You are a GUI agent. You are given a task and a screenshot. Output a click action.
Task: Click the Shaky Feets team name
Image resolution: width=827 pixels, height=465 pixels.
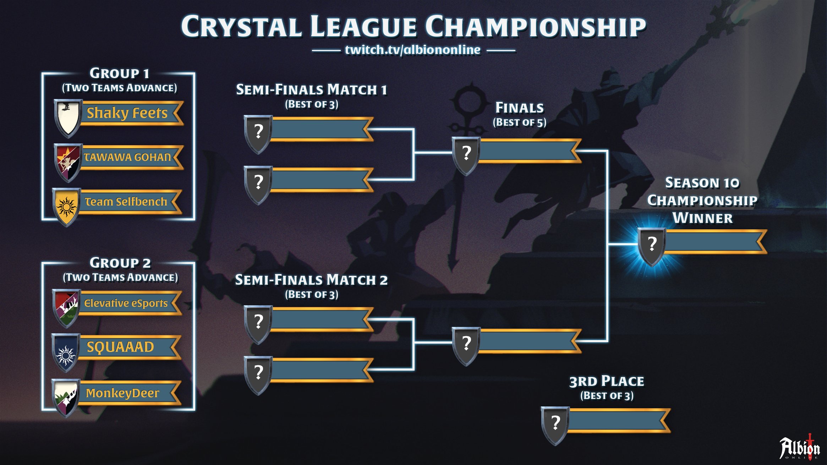click(127, 113)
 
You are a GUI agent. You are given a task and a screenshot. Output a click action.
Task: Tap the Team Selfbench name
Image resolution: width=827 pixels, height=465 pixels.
click(126, 202)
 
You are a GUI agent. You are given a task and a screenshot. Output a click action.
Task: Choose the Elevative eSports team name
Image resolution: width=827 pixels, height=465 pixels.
click(126, 303)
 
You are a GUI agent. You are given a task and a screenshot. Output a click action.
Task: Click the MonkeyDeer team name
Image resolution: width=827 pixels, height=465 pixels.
click(122, 393)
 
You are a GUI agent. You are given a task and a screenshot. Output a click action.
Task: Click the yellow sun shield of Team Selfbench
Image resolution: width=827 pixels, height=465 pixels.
click(66, 206)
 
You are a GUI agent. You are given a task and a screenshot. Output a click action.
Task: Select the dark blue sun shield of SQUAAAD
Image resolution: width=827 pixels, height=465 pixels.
click(65, 352)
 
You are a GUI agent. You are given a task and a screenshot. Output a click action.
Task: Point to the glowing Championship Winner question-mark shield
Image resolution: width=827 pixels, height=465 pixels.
click(652, 246)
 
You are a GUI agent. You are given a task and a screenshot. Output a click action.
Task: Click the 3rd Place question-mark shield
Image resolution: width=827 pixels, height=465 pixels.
click(555, 425)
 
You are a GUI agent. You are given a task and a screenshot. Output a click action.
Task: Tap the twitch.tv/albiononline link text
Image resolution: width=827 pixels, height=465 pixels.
click(413, 50)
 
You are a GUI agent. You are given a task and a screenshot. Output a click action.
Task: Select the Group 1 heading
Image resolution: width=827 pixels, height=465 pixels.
click(119, 73)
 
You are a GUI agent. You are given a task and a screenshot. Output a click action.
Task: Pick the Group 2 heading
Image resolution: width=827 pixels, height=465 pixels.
click(120, 263)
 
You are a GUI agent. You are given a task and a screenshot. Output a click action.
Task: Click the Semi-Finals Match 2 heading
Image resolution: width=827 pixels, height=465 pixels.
click(311, 280)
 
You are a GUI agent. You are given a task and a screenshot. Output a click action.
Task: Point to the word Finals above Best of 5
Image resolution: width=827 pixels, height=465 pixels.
click(519, 108)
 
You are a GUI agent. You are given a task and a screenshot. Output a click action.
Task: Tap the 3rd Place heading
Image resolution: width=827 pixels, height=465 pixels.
click(607, 381)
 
